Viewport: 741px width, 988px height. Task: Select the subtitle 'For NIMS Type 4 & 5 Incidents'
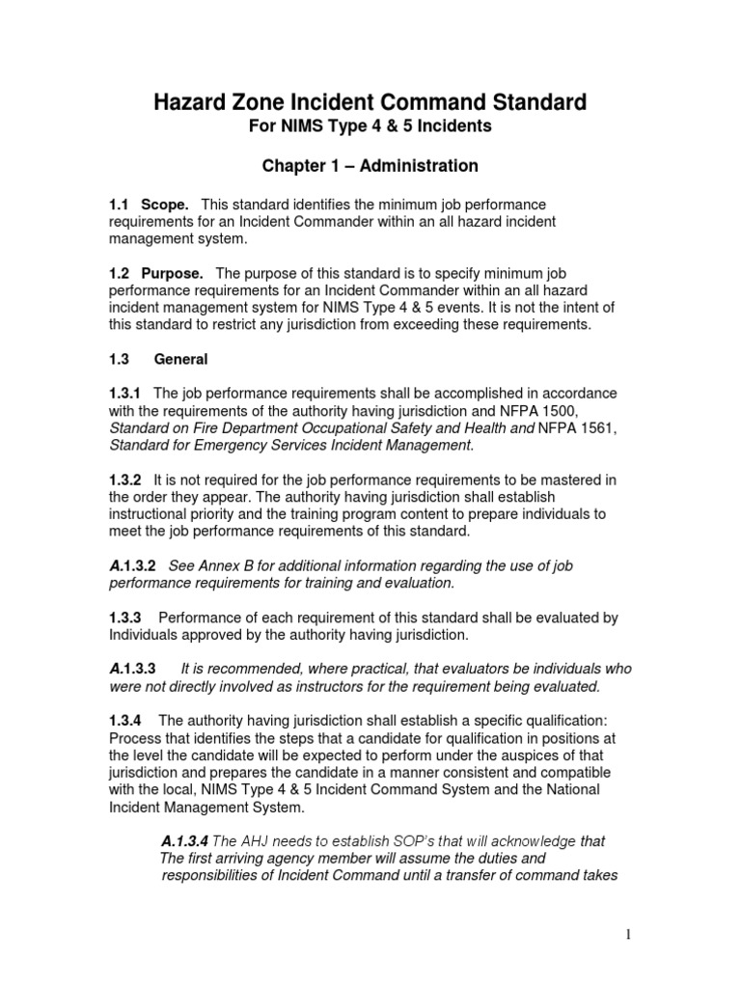tap(370, 127)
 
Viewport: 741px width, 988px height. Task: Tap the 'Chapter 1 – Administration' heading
tap(370, 166)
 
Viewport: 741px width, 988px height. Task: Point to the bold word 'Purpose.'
tap(172, 274)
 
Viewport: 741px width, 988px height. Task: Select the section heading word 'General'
tap(180, 359)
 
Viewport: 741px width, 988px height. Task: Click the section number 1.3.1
tap(125, 393)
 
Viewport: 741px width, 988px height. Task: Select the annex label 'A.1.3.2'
tap(134, 566)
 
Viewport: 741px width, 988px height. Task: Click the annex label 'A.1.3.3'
tap(134, 669)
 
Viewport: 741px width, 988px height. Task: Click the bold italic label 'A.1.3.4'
tap(184, 841)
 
